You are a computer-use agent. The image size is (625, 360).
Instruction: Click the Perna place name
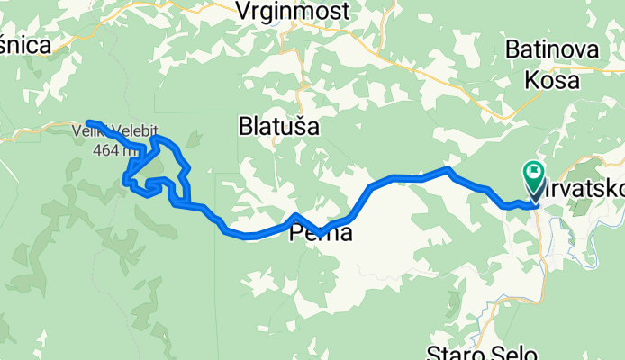coord(320,235)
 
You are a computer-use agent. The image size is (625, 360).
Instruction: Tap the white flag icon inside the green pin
coord(533,170)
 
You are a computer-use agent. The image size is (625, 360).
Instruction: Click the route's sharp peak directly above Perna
coord(296,215)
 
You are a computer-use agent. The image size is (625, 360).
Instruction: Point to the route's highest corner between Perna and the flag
coord(448,168)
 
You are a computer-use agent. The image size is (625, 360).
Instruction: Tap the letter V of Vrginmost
coord(242,11)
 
